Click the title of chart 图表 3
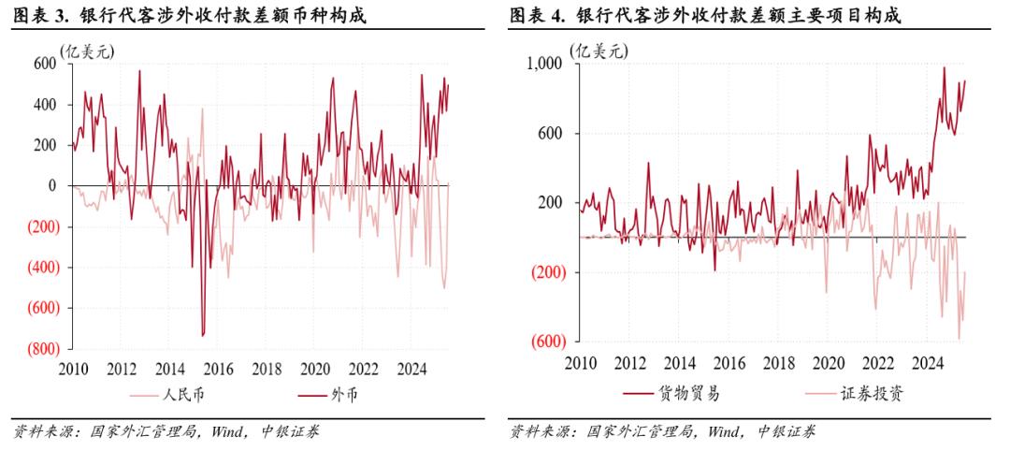click(188, 16)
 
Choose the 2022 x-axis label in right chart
click(877, 362)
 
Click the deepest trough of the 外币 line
click(203, 335)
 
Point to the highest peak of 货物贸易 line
click(944, 67)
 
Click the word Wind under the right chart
click(728, 431)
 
